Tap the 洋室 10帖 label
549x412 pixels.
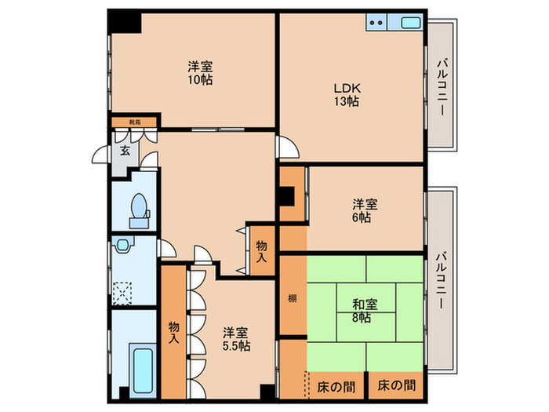(200, 74)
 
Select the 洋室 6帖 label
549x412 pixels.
(364, 210)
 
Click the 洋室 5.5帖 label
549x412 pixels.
(235, 339)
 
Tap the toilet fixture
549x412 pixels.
(139, 210)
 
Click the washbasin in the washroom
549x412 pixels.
(123, 246)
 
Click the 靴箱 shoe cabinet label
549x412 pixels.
(135, 122)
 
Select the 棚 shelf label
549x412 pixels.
(292, 299)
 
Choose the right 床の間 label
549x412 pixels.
(396, 386)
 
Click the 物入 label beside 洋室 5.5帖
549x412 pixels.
(174, 333)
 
